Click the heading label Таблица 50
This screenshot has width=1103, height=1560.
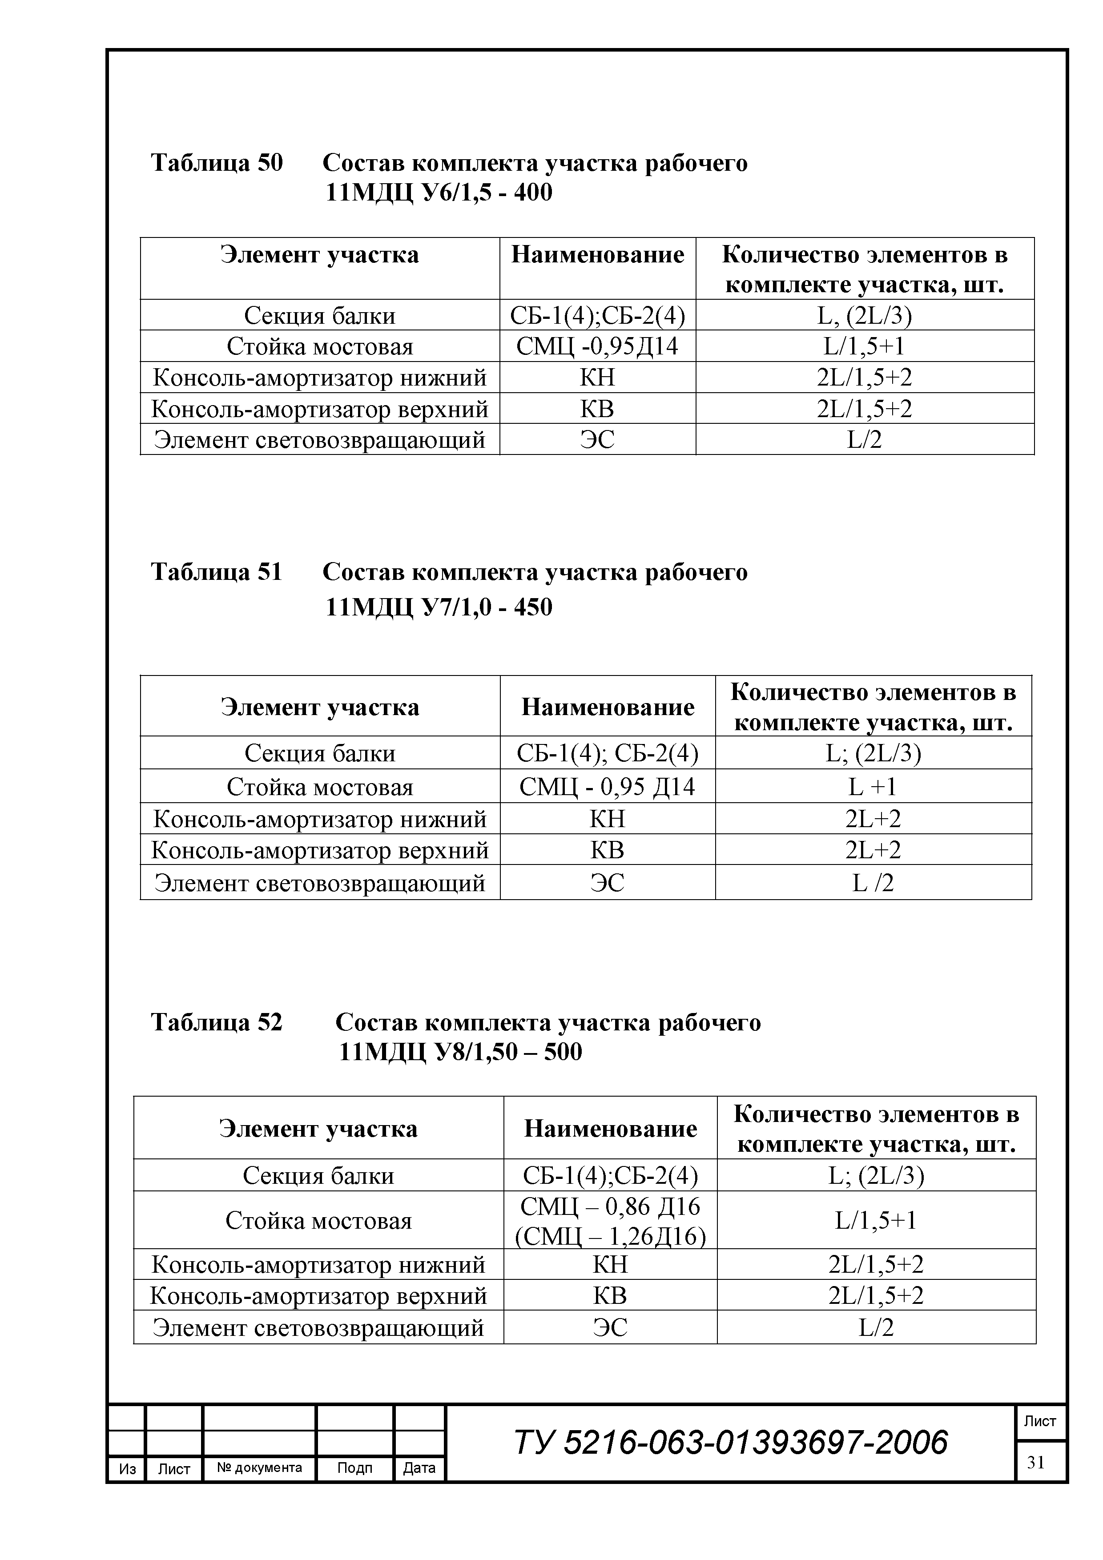point(216,163)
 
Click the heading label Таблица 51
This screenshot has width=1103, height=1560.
point(216,572)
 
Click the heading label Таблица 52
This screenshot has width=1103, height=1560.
point(216,1022)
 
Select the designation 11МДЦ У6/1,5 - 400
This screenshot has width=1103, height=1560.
point(439,193)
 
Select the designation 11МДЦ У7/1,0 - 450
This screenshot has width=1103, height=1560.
point(439,607)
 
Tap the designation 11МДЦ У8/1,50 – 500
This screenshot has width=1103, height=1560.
point(460,1052)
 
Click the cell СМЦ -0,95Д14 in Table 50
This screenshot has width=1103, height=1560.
point(597,346)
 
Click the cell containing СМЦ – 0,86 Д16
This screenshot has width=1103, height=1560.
point(610,1206)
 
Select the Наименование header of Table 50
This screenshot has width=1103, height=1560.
point(597,255)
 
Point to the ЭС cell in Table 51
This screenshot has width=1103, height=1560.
point(607,883)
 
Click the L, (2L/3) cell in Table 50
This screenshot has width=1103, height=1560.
point(865,315)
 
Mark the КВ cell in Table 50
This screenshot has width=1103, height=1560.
point(597,408)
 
